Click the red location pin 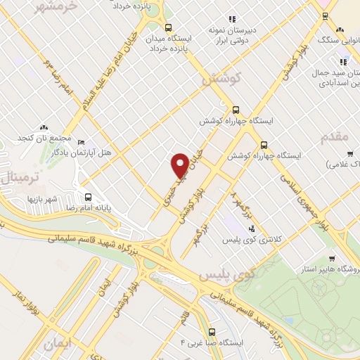click(x=180, y=165)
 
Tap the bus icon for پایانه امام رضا click(x=89, y=198)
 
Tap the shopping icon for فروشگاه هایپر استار click(x=331, y=258)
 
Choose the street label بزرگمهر click(x=202, y=233)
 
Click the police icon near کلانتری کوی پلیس click(x=252, y=228)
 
